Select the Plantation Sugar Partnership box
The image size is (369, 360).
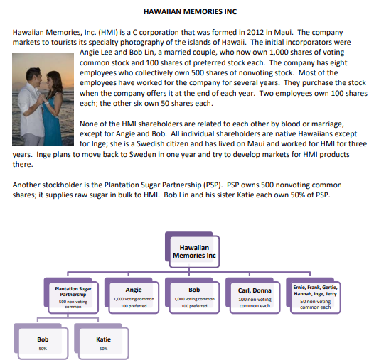tap(73, 297)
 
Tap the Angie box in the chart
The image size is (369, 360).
tap(133, 297)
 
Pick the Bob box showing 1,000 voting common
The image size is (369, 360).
tap(193, 297)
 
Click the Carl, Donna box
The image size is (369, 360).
tap(254, 297)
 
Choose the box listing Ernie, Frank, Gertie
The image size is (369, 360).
tap(315, 297)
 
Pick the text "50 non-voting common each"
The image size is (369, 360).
tap(315, 304)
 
